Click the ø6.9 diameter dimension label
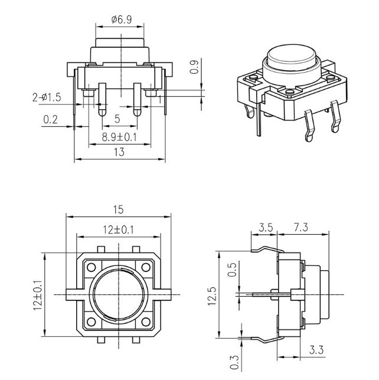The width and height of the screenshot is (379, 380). [x=121, y=19]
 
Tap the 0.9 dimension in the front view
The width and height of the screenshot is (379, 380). [x=194, y=70]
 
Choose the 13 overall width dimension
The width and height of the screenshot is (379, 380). [x=119, y=152]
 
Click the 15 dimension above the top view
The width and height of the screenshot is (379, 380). [x=119, y=209]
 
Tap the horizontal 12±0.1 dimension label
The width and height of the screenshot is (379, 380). [x=119, y=228]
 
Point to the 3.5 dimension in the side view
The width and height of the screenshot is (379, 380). [x=266, y=227]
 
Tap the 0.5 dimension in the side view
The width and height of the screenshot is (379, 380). [x=232, y=270]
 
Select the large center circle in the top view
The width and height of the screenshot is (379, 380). [x=119, y=293]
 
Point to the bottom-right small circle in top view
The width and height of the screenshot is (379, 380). [x=147, y=321]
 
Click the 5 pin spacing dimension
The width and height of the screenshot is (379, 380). [x=117, y=119]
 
